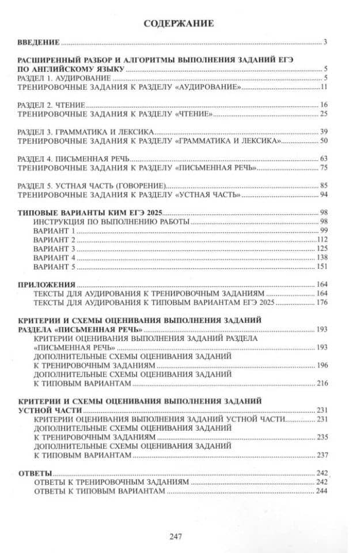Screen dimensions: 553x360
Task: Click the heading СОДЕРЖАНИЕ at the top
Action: point(179,24)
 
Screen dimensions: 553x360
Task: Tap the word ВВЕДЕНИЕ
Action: point(39,42)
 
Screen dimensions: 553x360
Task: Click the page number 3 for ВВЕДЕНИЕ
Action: point(325,42)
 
